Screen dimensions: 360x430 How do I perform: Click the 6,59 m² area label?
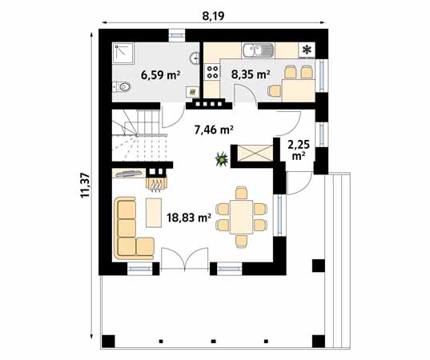(x=160, y=75)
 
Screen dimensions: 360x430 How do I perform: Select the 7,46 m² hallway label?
(x=213, y=128)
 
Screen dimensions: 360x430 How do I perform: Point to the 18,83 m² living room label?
(x=188, y=216)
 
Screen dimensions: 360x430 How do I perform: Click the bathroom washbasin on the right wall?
(x=195, y=58)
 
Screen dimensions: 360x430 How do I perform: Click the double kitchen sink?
(x=259, y=50)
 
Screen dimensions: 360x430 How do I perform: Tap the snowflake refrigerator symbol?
(x=306, y=50)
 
